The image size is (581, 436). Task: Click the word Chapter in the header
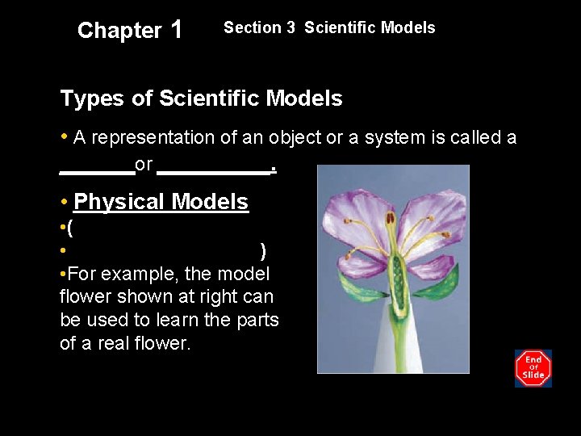pyautogui.click(x=119, y=31)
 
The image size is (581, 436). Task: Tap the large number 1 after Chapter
pyautogui.click(x=177, y=30)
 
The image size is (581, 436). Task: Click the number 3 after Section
pyautogui.click(x=289, y=27)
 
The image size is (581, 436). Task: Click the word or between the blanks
pyautogui.click(x=144, y=165)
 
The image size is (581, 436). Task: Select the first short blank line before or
pyautogui.click(x=97, y=172)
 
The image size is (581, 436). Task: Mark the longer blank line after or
pyautogui.click(x=213, y=172)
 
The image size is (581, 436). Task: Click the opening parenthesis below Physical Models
pyautogui.click(x=71, y=228)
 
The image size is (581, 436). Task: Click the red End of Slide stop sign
pyautogui.click(x=533, y=367)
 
